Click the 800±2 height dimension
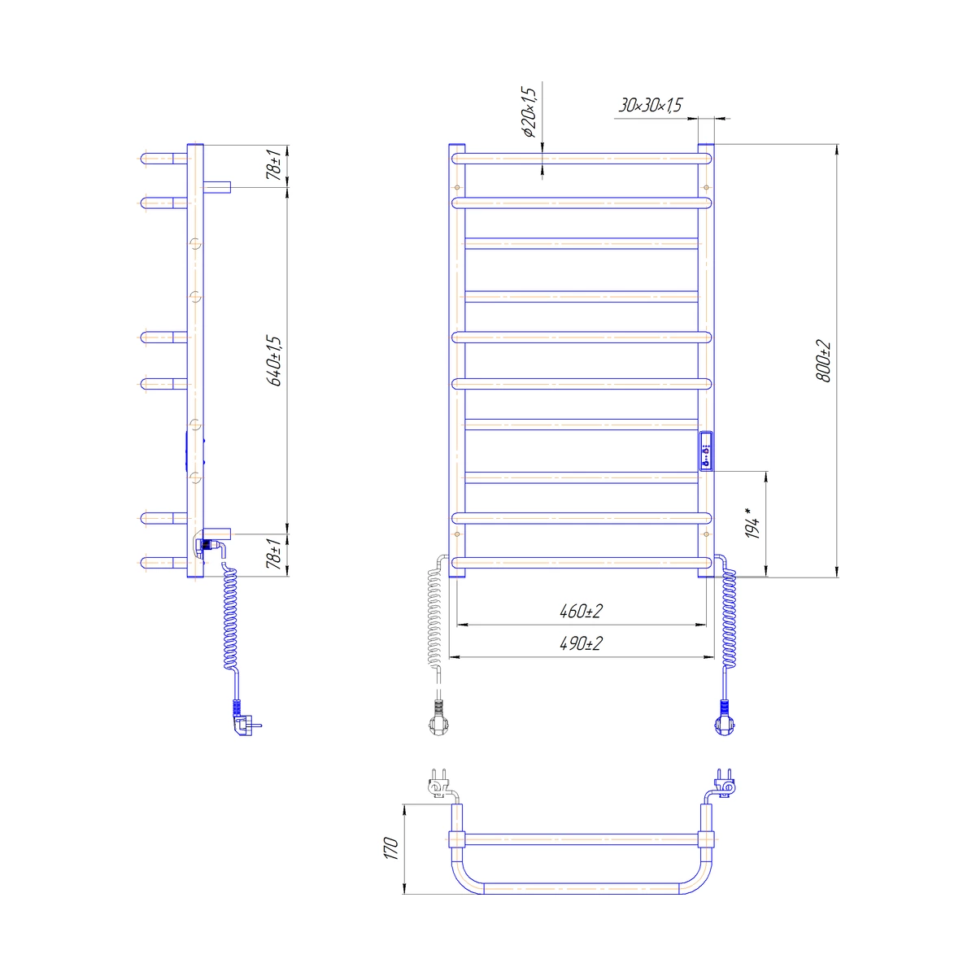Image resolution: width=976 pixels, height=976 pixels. pyautogui.click(x=823, y=361)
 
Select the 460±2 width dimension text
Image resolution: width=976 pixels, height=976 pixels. pyautogui.click(x=581, y=612)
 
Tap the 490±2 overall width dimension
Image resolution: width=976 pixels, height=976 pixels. pyautogui.click(x=581, y=643)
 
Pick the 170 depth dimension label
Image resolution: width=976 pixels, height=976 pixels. pyautogui.click(x=391, y=847)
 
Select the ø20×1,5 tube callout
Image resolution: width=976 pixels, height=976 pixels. pyautogui.click(x=528, y=112)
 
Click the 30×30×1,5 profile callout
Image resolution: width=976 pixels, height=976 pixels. pyautogui.click(x=650, y=106)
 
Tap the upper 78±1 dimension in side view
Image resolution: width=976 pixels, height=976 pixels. pyautogui.click(x=275, y=164)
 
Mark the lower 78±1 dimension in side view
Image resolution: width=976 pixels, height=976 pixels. pyautogui.click(x=275, y=554)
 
